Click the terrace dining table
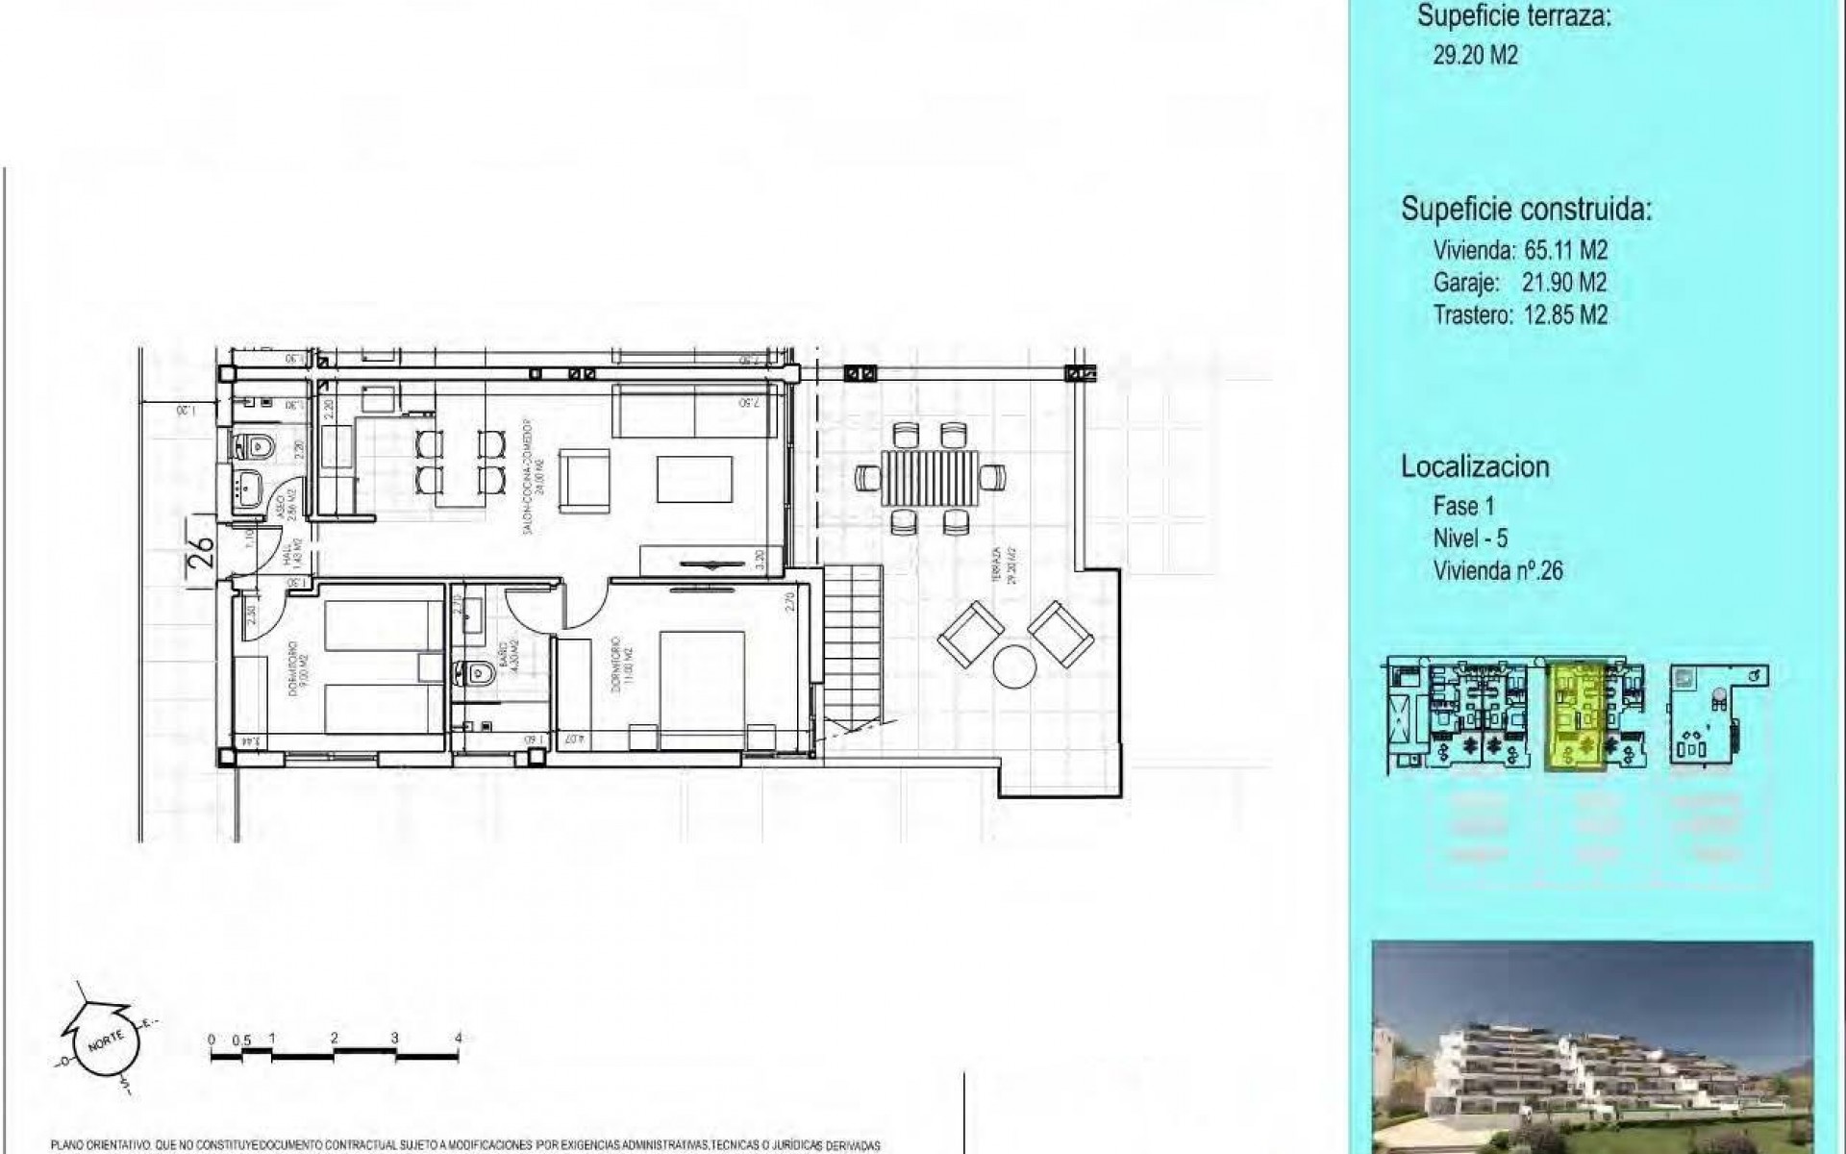930,478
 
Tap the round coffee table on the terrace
1015,665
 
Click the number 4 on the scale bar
459,1039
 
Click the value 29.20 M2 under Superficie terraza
1475,55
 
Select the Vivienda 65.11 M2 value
1565,250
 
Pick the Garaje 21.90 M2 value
1563,282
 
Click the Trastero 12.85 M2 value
1565,314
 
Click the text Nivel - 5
1470,539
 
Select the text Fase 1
1463,506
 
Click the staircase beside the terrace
852,644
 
